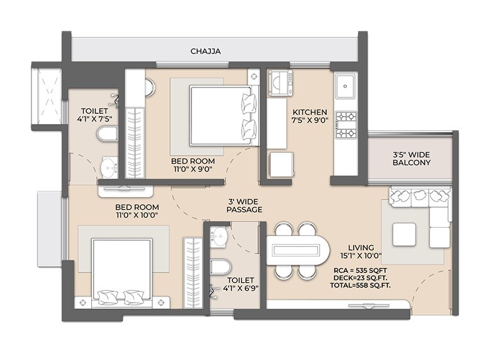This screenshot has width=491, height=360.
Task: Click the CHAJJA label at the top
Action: click(x=206, y=51)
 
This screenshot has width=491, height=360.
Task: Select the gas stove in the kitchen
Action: click(x=346, y=124)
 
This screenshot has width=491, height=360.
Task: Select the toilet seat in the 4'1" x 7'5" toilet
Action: click(x=107, y=135)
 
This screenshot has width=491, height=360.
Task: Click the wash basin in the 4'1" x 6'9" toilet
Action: click(x=218, y=236)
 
